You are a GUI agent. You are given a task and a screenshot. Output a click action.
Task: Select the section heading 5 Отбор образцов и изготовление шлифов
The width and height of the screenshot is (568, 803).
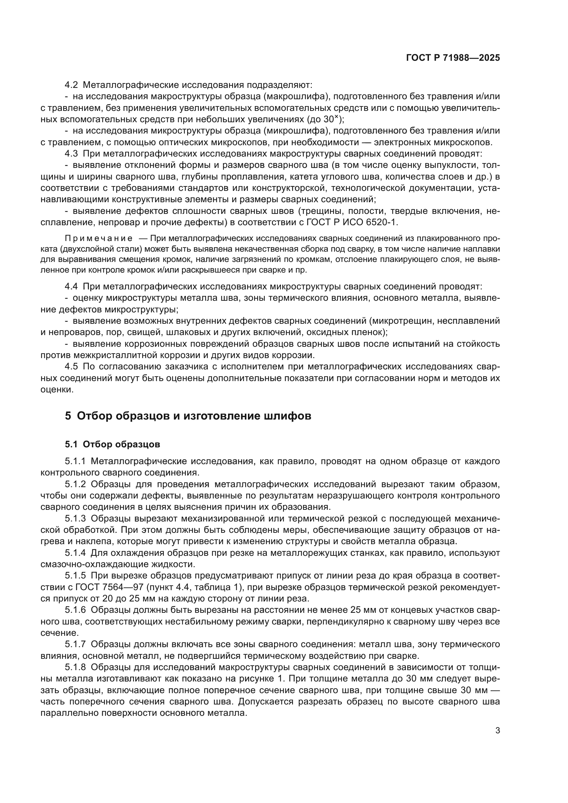188,416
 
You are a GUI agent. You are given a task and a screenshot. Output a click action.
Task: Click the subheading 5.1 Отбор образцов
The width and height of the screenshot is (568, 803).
112,445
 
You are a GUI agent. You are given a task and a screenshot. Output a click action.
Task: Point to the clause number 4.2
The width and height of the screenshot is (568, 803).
71,85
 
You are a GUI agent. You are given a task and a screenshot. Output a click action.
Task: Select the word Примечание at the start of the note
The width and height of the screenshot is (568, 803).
99,239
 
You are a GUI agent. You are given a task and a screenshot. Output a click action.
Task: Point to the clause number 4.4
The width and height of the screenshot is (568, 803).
71,287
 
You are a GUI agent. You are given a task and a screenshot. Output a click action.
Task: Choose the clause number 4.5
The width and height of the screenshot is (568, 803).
71,367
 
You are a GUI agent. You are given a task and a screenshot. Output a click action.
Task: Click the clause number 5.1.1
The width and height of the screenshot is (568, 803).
75,461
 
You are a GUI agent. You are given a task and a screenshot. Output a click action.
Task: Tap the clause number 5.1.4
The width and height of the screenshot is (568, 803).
75,553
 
